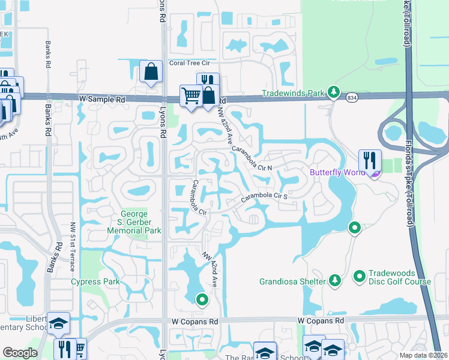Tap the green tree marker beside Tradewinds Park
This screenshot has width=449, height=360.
pos(334,93)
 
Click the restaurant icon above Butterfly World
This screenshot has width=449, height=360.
pos(369,160)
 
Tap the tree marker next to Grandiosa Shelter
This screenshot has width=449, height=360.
pos(334,280)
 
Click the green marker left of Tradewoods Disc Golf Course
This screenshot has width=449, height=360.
pos(360,276)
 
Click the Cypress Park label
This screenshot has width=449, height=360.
pos(95,281)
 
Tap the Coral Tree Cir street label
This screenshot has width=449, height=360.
pos(190,62)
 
